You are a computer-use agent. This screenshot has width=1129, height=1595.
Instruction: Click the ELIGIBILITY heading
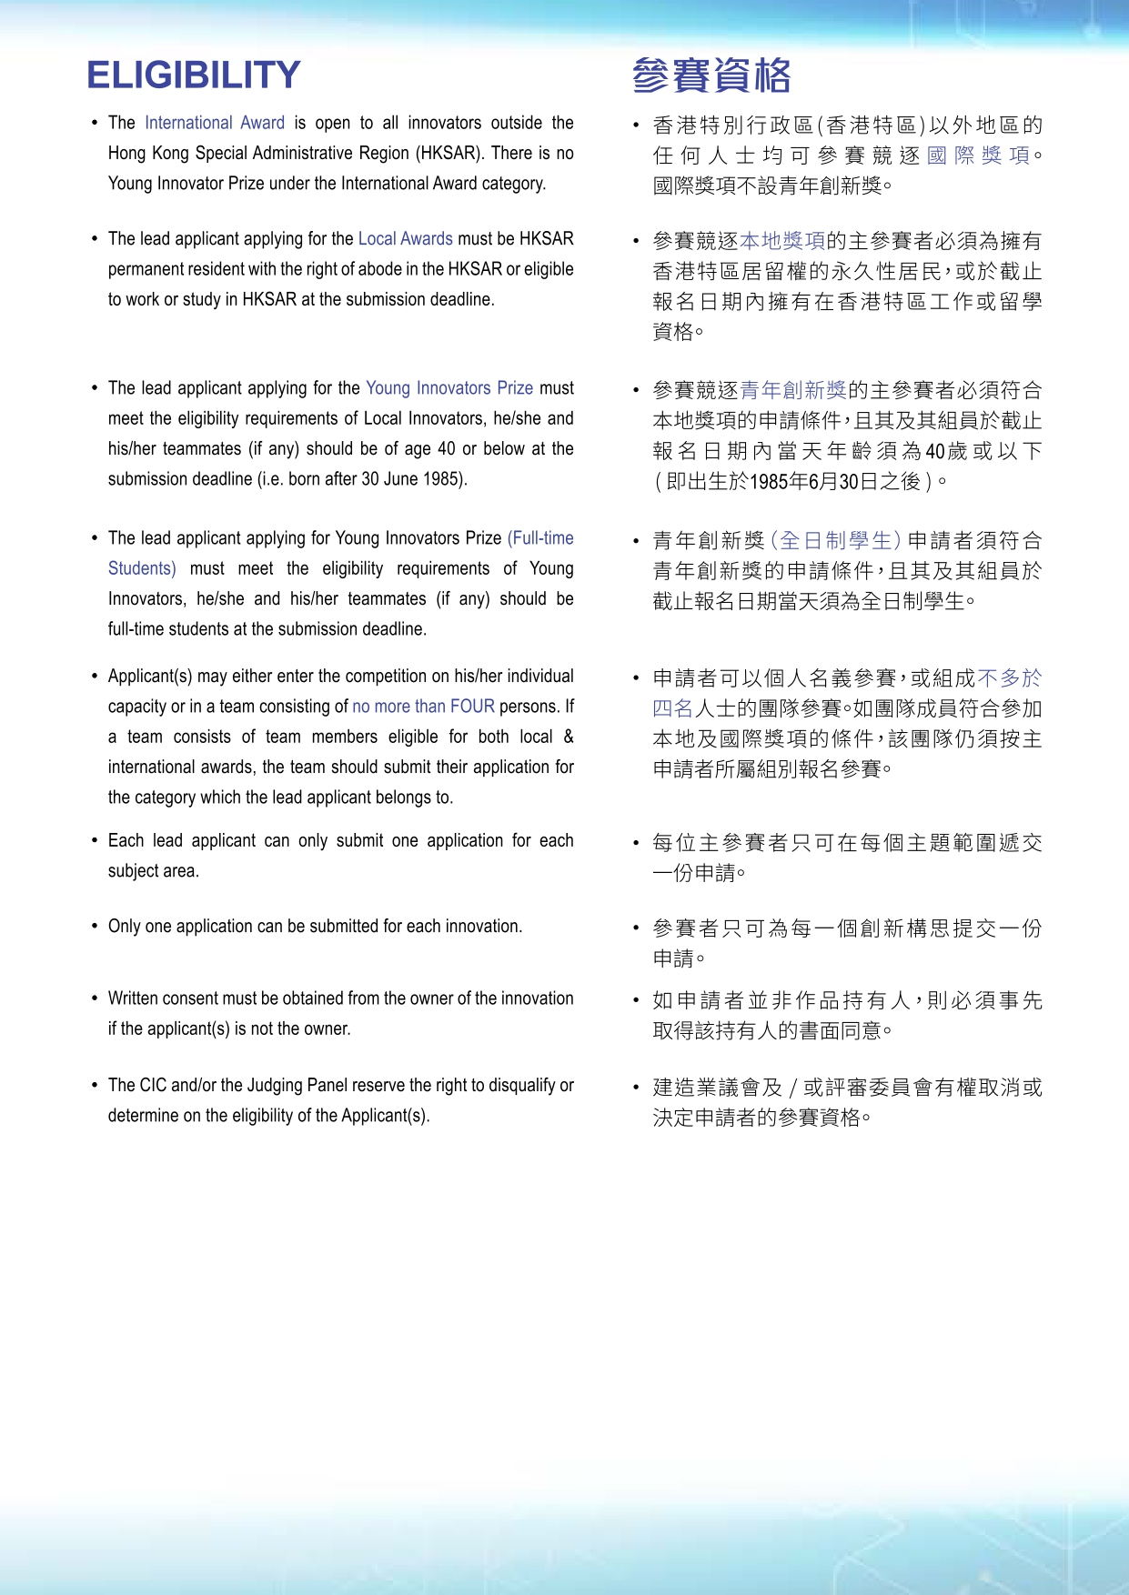point(193,75)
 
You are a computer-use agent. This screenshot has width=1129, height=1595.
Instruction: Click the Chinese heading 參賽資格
point(711,75)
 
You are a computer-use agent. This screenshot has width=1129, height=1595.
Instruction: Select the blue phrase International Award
point(215,123)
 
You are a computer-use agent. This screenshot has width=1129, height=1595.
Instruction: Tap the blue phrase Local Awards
point(405,239)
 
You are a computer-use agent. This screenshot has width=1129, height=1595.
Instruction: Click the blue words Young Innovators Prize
point(449,388)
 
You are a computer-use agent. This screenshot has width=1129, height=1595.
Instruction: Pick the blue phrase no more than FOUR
point(423,707)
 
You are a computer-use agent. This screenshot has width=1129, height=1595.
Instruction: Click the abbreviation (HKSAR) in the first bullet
point(448,153)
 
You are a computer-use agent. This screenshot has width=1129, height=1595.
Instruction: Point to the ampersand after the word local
point(569,737)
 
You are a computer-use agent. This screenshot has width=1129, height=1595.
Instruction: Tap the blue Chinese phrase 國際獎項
point(978,155)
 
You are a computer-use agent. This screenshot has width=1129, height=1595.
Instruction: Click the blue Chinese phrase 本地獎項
point(782,241)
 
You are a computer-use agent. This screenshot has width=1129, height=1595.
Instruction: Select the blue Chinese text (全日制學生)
point(835,541)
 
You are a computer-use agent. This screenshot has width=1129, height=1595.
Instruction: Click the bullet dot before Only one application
point(95,927)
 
